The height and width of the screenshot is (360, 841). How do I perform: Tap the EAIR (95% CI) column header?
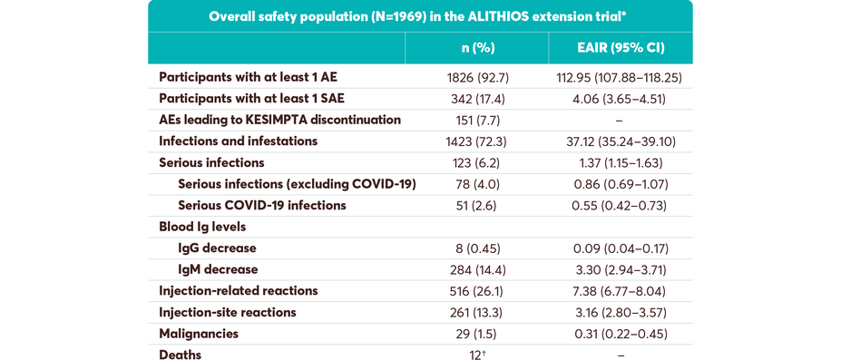(620, 48)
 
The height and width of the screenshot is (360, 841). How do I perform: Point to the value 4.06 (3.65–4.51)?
(620, 99)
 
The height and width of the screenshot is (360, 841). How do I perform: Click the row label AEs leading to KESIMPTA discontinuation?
(279, 120)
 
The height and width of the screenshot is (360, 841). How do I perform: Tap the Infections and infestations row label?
(238, 141)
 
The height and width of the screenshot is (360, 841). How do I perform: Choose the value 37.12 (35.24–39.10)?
(620, 141)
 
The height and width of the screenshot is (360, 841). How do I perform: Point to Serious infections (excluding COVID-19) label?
(297, 184)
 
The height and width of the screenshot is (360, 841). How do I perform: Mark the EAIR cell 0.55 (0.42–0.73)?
(620, 206)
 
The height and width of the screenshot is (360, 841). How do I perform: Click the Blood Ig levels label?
(202, 227)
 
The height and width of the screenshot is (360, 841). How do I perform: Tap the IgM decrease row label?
(218, 269)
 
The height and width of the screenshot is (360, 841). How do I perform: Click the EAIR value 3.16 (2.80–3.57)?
(620, 313)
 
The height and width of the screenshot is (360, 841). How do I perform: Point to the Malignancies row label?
(199, 334)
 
